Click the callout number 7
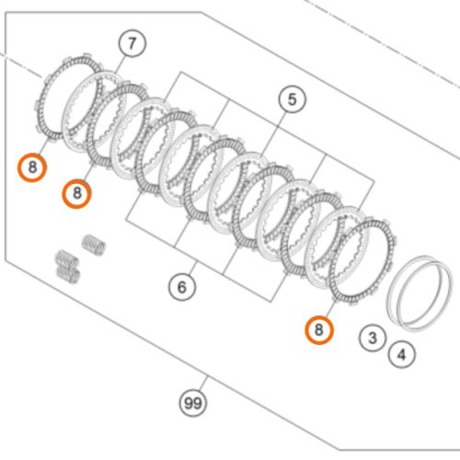(132, 43)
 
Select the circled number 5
(292, 99)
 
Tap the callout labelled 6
(182, 287)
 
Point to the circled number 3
(373, 338)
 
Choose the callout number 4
(401, 355)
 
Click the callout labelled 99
(193, 403)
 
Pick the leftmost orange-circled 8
(32, 167)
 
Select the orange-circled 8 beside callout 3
(319, 330)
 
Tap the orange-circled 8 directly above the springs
(76, 193)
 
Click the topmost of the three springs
(94, 245)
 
